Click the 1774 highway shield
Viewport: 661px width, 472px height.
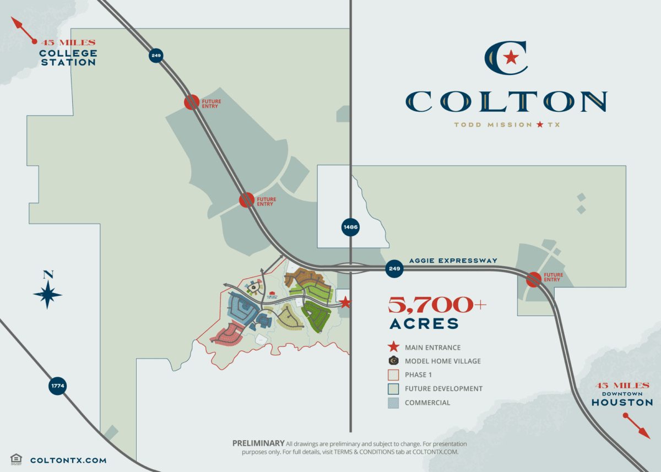[x=58, y=386]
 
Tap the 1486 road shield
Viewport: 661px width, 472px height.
[x=350, y=226]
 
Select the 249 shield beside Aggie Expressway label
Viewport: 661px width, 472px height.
[x=394, y=268]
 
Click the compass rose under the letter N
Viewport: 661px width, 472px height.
[x=48, y=295]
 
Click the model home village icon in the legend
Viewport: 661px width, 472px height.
[x=393, y=361]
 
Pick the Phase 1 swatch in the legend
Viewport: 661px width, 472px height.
[x=393, y=375]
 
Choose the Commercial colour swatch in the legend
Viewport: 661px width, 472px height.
[x=393, y=403]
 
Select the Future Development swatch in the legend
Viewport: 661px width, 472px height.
[x=393, y=389]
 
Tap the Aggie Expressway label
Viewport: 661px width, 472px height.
[x=453, y=261]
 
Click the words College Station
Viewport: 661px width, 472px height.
[x=68, y=58]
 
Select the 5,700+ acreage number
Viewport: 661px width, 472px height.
[x=437, y=305]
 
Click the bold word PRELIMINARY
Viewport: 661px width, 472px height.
[x=258, y=443]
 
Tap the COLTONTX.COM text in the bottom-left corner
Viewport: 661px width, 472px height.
[x=68, y=460]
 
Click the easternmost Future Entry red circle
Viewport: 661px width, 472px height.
[x=533, y=279]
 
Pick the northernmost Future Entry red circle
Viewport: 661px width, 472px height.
[x=191, y=102]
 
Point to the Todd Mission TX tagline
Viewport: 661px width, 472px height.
[x=507, y=125]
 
